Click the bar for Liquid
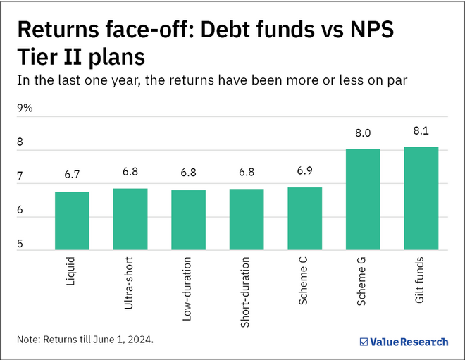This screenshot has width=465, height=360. click(x=72, y=221)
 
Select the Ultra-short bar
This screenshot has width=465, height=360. click(x=130, y=219)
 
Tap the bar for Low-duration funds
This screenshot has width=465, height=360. click(x=188, y=220)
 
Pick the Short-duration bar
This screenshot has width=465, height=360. click(x=247, y=219)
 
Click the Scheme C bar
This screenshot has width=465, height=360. click(x=304, y=218)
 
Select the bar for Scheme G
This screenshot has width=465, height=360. click(x=363, y=199)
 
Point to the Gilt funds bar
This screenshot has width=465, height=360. click(x=421, y=198)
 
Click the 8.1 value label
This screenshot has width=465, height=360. click(x=421, y=131)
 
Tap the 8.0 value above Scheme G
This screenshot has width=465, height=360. click(x=363, y=134)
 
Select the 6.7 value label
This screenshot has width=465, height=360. click(x=72, y=176)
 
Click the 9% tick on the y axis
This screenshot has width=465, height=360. click(x=25, y=108)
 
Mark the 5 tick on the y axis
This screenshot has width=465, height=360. click(x=20, y=244)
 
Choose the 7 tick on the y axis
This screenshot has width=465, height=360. click(x=20, y=176)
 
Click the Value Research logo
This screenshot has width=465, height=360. click(x=403, y=342)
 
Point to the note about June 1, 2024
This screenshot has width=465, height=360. click(x=85, y=340)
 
